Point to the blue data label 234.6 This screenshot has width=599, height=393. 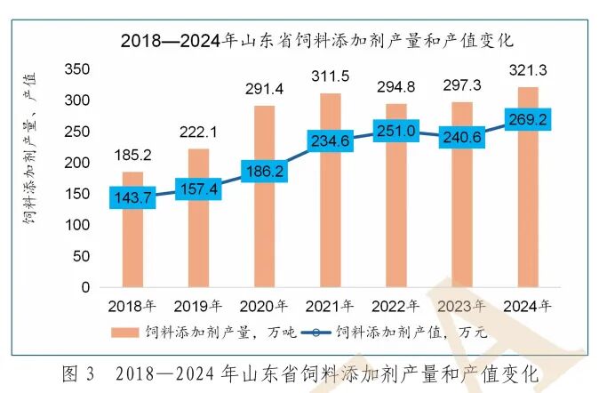point(330,140)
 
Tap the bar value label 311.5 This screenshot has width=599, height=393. point(329,75)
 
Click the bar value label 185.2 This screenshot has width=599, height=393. point(132,155)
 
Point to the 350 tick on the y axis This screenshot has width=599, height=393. point(79,69)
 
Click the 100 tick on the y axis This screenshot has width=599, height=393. point(79,225)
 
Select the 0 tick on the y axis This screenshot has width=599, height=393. point(86,287)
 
